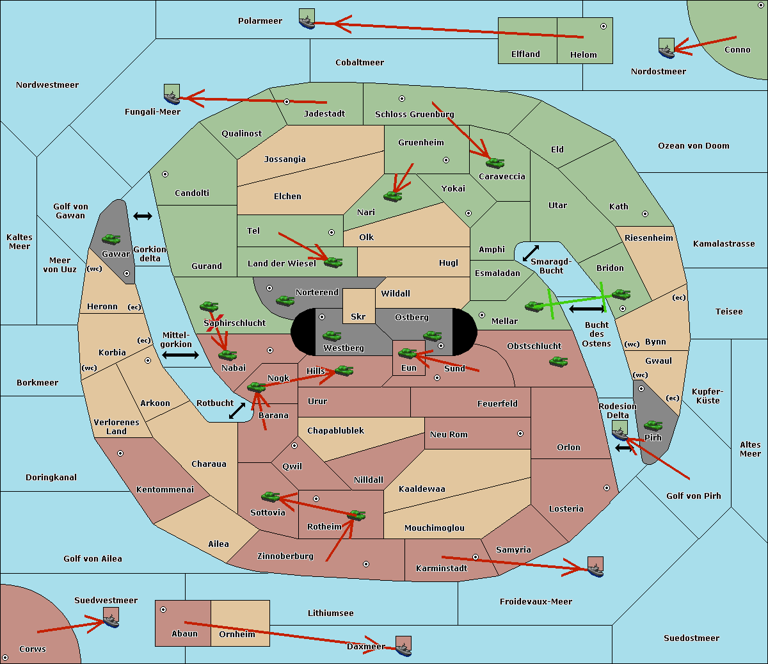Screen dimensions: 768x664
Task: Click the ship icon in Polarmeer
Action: (x=307, y=19)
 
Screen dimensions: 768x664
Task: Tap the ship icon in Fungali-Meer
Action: (x=172, y=94)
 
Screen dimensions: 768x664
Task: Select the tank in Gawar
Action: (x=111, y=239)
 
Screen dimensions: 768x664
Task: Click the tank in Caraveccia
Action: (x=495, y=163)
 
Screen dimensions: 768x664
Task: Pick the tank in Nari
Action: (x=393, y=197)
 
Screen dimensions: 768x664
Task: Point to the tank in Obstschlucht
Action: (x=559, y=361)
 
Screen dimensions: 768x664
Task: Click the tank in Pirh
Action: (x=653, y=425)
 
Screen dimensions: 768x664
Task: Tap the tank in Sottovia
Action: (x=271, y=496)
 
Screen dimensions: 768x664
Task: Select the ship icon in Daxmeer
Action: (x=403, y=646)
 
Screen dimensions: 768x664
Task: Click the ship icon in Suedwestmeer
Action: (x=111, y=617)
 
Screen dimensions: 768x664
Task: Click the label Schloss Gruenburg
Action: (x=414, y=114)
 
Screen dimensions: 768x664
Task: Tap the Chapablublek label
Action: (x=335, y=430)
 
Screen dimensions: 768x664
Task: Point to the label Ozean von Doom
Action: (x=693, y=146)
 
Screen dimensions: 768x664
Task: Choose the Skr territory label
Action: (x=358, y=316)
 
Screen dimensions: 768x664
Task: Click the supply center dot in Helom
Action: (x=604, y=26)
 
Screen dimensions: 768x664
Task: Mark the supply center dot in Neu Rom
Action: (x=520, y=433)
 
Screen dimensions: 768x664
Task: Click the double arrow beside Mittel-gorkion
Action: (x=180, y=355)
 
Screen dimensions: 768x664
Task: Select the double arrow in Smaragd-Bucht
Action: (x=531, y=253)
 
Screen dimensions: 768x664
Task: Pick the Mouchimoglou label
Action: (x=435, y=528)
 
